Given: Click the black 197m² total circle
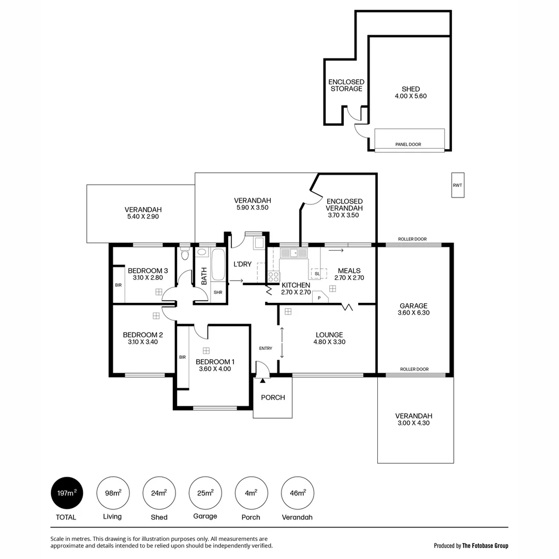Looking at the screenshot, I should (x=67, y=493).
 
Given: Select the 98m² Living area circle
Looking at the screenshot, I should (x=113, y=493).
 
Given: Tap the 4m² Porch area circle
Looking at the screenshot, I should (x=251, y=493).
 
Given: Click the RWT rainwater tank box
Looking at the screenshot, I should (x=458, y=185).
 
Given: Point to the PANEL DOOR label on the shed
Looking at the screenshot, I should (x=408, y=144).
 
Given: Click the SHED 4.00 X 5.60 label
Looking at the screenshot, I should (x=410, y=93).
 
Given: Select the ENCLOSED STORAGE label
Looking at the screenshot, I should (x=346, y=85).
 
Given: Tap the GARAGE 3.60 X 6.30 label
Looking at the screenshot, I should (x=414, y=310).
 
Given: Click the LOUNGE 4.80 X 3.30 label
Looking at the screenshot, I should (x=329, y=338).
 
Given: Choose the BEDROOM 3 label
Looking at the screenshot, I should (x=148, y=274).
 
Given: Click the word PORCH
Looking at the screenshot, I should (x=273, y=398).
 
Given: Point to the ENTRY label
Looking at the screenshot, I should (x=266, y=348).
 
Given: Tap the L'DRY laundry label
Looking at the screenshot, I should (x=242, y=264).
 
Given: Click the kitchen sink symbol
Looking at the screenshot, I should (x=293, y=253).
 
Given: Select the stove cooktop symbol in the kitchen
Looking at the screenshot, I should (x=273, y=277).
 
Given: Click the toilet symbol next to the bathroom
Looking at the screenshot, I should (x=185, y=254).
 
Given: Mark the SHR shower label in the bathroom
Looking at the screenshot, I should (x=218, y=292).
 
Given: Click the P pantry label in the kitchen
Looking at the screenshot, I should (x=319, y=298).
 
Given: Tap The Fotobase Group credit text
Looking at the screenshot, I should (x=485, y=546).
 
